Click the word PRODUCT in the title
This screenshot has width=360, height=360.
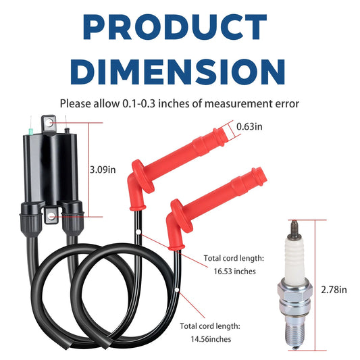175,27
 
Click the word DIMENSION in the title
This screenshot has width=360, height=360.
178,72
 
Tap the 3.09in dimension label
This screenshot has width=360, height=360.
103,170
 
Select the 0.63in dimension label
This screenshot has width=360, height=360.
249,126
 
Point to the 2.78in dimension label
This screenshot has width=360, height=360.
334,290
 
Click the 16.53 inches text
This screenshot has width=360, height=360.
234,272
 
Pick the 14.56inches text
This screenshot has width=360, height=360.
211,339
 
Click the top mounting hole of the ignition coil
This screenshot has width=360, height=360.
49,124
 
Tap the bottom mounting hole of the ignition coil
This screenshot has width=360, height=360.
52,215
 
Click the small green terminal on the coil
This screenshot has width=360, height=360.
30,132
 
